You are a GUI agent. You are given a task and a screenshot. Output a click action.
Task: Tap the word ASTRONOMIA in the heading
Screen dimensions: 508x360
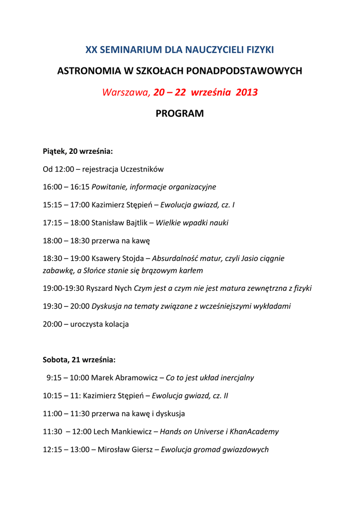click(x=88, y=71)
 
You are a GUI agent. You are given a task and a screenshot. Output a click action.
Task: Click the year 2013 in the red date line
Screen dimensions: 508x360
click(x=247, y=92)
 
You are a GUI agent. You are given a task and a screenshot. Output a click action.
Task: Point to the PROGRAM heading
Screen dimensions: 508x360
click(x=180, y=114)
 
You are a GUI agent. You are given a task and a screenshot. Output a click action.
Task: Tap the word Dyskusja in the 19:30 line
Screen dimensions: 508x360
click(x=107, y=306)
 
